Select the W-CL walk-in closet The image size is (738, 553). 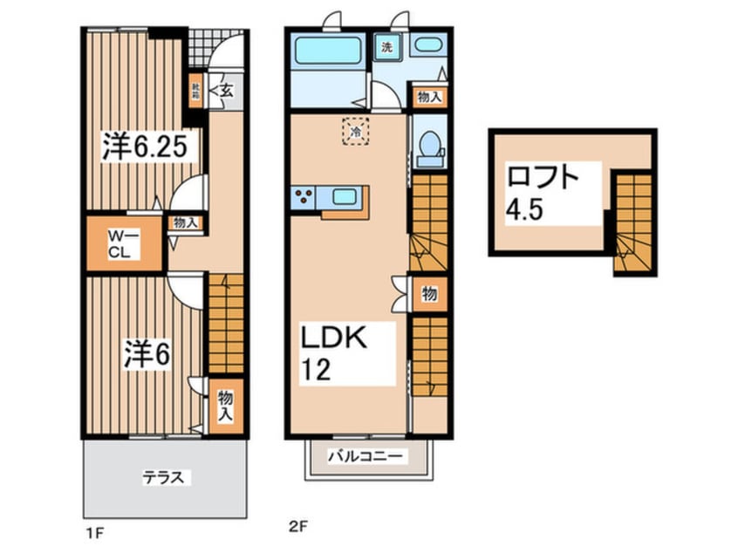tap(123, 242)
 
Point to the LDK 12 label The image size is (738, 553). tap(328, 353)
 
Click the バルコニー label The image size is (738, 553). tap(366, 456)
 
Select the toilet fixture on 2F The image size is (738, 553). tap(429, 148)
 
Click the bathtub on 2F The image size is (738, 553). tap(328, 51)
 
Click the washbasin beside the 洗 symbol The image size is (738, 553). tap(427, 47)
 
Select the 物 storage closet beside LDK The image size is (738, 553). tap(429, 295)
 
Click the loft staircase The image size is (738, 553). tap(632, 222)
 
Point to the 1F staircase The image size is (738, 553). tap(224, 323)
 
